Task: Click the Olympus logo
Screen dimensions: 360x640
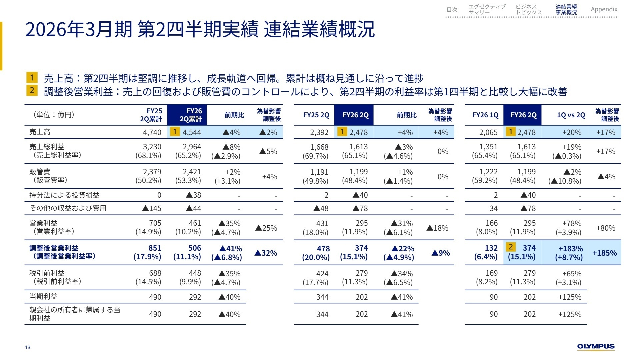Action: pyautogui.click(x=596, y=347)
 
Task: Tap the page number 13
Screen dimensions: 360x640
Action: pyautogui.click(x=28, y=347)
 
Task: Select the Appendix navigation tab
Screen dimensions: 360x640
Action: pyautogui.click(x=604, y=9)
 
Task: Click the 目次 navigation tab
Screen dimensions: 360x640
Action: pyautogui.click(x=452, y=10)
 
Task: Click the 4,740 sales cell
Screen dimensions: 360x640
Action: pyautogui.click(x=152, y=132)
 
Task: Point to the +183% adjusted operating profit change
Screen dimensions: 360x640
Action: pyautogui.click(x=570, y=249)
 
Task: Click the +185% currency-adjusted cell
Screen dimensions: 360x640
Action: pyautogui.click(x=604, y=253)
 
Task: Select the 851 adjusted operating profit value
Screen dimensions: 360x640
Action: pyautogui.click(x=155, y=248)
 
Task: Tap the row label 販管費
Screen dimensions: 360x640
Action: pyautogui.click(x=40, y=172)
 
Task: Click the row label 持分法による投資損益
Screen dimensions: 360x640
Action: pyautogui.click(x=64, y=195)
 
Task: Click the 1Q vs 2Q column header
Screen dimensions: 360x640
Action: pyautogui.click(x=571, y=115)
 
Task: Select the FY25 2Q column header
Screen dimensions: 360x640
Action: pyautogui.click(x=316, y=115)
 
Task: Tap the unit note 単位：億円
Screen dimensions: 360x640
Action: pyautogui.click(x=53, y=115)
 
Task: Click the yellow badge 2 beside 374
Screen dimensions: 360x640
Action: pyautogui.click(x=510, y=247)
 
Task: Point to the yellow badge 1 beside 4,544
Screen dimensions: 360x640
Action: pyautogui.click(x=174, y=131)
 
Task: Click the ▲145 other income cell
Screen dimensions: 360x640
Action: pyautogui.click(x=152, y=208)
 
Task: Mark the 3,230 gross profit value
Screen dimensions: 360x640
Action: pyautogui.click(x=152, y=147)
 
